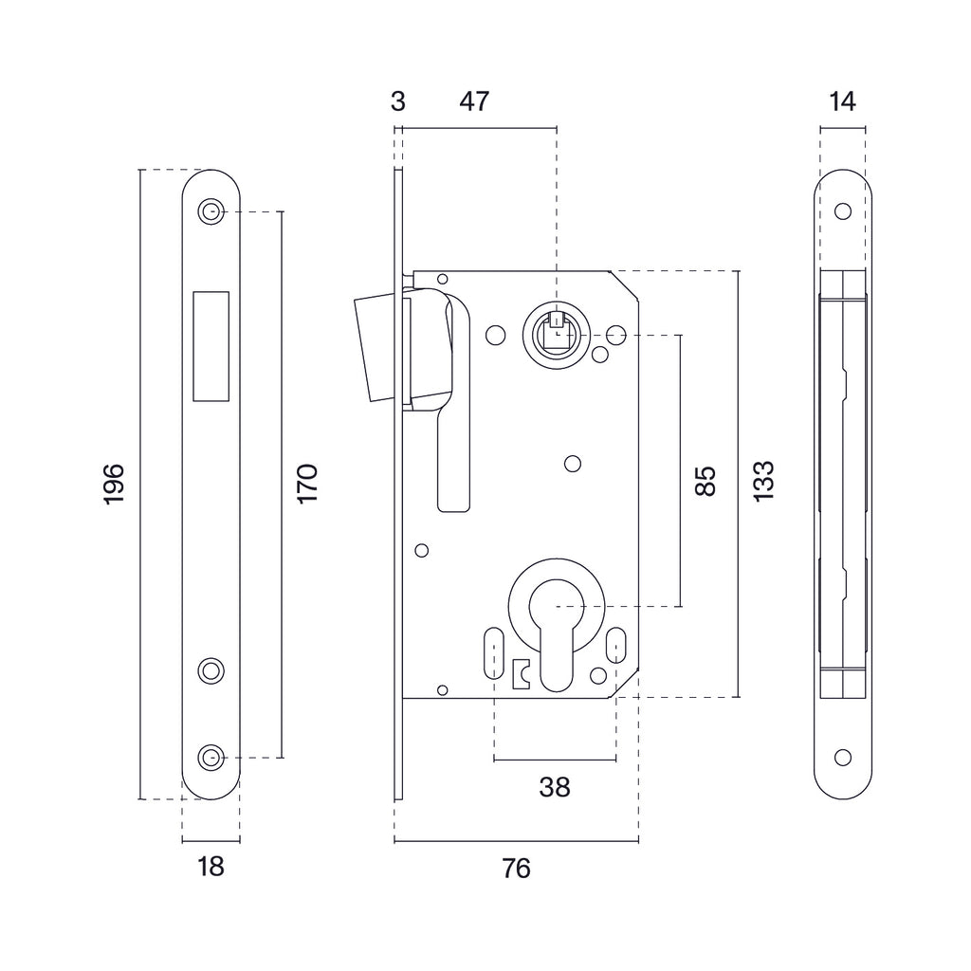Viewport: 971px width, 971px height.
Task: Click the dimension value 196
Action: pos(114,484)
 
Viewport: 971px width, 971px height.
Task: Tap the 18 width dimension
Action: pos(211,866)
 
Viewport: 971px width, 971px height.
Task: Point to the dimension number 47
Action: pos(474,101)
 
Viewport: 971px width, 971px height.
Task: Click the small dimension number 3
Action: pos(398,101)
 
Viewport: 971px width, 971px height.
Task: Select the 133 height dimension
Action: pos(764,481)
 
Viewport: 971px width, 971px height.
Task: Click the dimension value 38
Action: pos(555,786)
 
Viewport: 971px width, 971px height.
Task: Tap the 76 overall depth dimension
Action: pos(516,867)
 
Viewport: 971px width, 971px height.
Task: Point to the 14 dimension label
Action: pos(841,101)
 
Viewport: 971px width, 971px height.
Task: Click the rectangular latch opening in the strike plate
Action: pos(211,344)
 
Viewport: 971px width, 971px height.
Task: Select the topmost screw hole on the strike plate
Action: pos(211,211)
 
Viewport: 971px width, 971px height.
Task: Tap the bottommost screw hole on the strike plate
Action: pos(211,757)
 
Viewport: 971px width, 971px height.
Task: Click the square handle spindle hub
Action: pos(556,335)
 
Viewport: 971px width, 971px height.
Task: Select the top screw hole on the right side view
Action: pos(842,211)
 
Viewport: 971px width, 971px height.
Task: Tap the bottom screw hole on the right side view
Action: pos(842,757)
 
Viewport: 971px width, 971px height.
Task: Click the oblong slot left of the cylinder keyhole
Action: pos(493,651)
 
